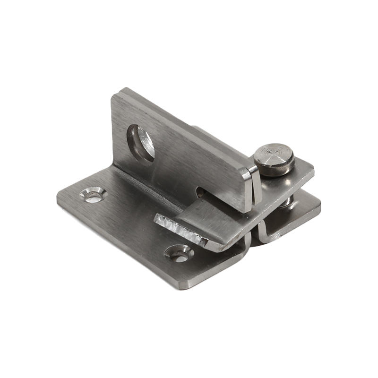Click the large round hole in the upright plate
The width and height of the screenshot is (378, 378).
140,143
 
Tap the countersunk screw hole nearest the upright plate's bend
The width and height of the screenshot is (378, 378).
93,194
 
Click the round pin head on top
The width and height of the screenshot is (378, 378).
274,159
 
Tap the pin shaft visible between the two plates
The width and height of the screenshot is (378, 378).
286,202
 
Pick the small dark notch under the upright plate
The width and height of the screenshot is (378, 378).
200,192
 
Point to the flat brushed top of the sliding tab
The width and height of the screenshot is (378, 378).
213,217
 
